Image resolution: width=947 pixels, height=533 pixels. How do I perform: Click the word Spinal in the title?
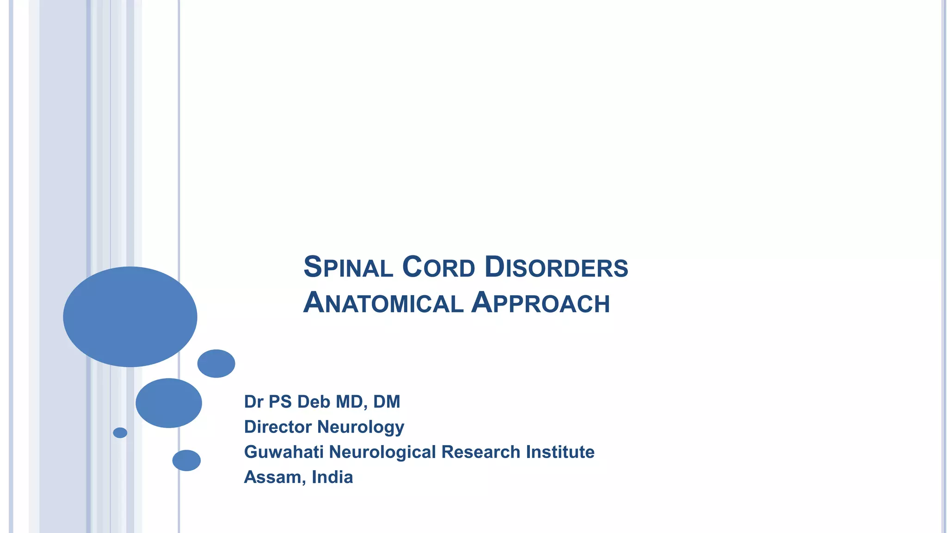[x=348, y=267]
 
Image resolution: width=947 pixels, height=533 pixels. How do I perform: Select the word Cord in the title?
[x=438, y=267]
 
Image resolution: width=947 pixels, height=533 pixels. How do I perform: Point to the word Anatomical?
[x=383, y=303]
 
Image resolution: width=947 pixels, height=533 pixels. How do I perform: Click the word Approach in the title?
[x=541, y=303]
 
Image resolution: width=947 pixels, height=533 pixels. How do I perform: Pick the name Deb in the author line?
[x=314, y=402]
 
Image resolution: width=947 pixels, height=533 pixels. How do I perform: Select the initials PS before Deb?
[x=280, y=402]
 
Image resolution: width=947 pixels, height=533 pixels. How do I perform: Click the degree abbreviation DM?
[x=387, y=402]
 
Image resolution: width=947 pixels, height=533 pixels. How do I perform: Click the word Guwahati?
[x=283, y=452]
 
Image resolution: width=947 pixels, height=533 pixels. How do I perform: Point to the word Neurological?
[x=382, y=452]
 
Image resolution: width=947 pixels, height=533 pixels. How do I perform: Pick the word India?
[x=332, y=477]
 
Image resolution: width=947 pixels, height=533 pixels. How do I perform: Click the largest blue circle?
[x=130, y=317]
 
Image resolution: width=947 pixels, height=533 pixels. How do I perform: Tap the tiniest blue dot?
[x=120, y=433]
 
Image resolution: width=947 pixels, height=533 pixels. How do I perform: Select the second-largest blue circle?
[x=169, y=403]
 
